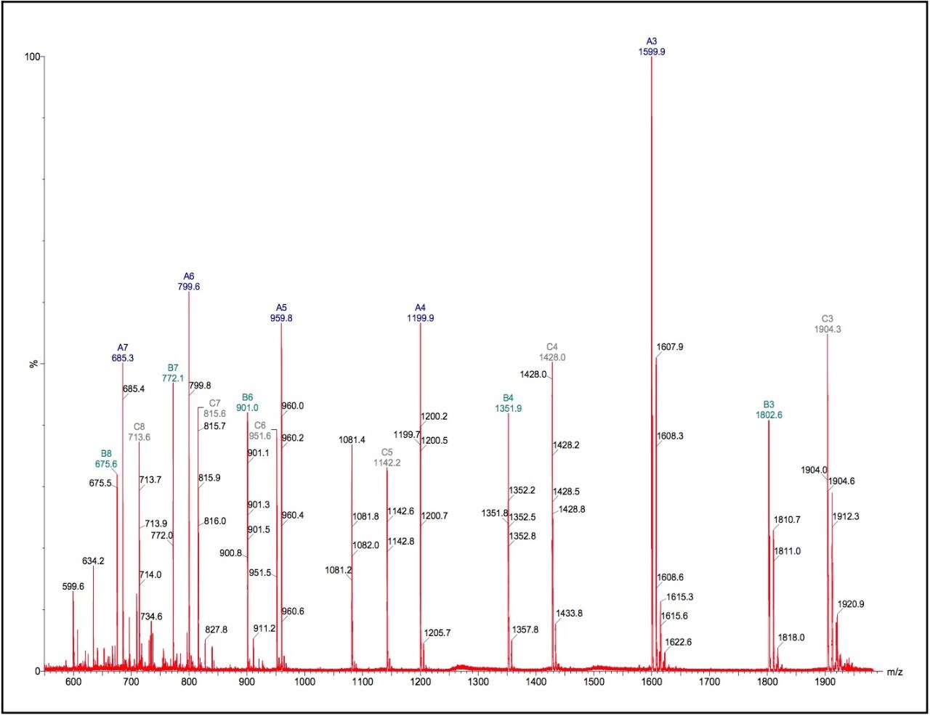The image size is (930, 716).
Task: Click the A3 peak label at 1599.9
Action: (651, 47)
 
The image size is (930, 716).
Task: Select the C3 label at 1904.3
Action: (828, 325)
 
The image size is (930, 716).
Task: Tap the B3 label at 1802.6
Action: (768, 410)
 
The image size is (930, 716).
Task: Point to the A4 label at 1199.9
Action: (420, 313)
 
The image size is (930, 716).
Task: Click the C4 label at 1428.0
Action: (552, 352)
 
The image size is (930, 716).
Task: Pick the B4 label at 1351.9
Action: (508, 404)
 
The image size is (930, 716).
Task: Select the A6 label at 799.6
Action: (189, 282)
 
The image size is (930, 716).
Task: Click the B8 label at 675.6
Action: (106, 459)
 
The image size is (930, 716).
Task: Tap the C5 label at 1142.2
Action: (387, 457)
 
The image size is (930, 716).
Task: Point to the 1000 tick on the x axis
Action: (304, 682)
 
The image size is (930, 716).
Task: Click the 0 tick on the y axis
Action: (38, 671)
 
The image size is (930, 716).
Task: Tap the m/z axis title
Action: (894, 672)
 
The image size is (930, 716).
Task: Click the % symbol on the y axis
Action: (33, 363)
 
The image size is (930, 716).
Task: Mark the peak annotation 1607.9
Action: (669, 347)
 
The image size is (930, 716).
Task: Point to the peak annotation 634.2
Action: (93, 561)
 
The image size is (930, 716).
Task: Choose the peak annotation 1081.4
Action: (352, 440)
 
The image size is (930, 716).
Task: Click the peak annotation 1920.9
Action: (851, 604)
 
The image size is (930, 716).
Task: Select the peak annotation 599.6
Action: (73, 586)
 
